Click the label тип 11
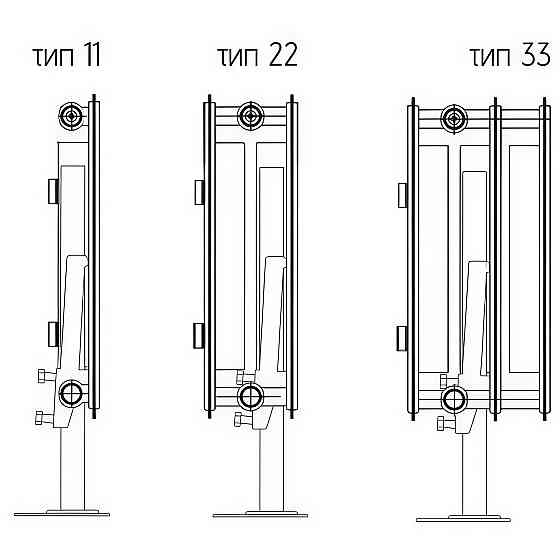67,56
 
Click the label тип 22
258,56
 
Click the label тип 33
510,56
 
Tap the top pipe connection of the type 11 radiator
72,116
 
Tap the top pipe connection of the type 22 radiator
250,116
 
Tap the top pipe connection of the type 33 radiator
454,119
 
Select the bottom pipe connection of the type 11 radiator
71,394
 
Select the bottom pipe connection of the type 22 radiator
250,396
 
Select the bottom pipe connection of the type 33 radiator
454,399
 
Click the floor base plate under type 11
61,513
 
